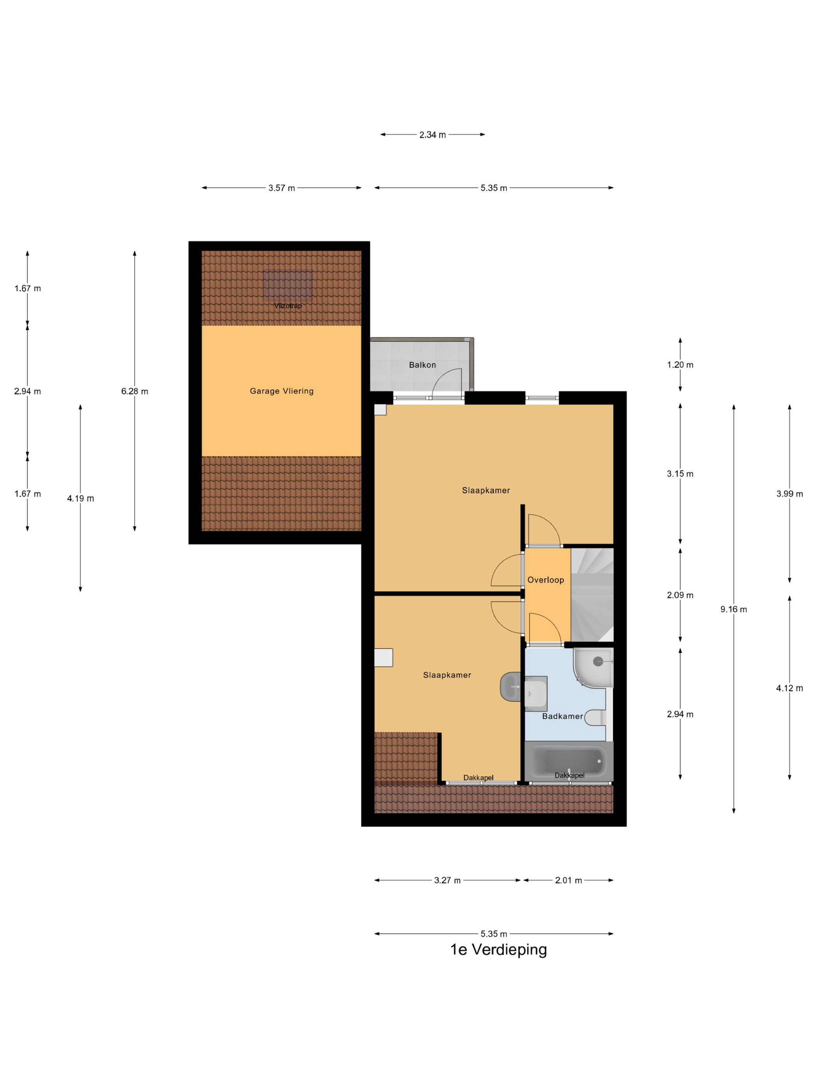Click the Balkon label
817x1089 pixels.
[422, 365]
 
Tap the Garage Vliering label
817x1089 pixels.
[282, 391]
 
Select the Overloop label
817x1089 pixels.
[546, 580]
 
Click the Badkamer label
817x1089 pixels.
[563, 716]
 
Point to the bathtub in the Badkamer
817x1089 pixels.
[569, 761]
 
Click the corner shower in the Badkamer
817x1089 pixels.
[593, 667]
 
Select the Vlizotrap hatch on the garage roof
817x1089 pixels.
[288, 285]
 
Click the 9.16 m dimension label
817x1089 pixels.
[733, 609]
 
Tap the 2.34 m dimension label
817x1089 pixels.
[432, 135]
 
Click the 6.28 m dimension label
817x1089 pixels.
[135, 391]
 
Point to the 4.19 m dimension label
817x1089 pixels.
[80, 498]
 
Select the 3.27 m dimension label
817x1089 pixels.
[447, 880]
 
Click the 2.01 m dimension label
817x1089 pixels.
[568, 880]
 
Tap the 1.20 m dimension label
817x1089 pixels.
[680, 365]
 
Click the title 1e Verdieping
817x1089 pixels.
[498, 949]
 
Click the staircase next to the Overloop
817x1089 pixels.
[593, 595]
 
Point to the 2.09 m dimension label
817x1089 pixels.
[680, 595]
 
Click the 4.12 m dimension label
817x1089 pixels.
[789, 688]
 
